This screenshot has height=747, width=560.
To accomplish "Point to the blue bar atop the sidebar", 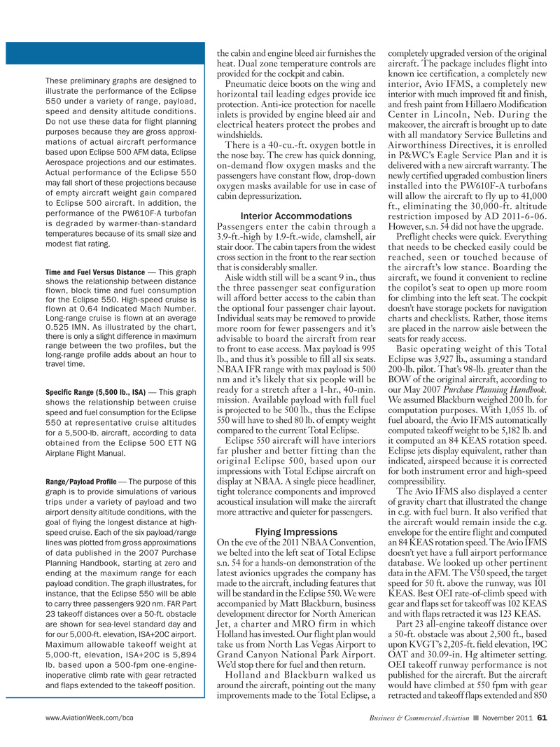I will (x=104, y=53).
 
